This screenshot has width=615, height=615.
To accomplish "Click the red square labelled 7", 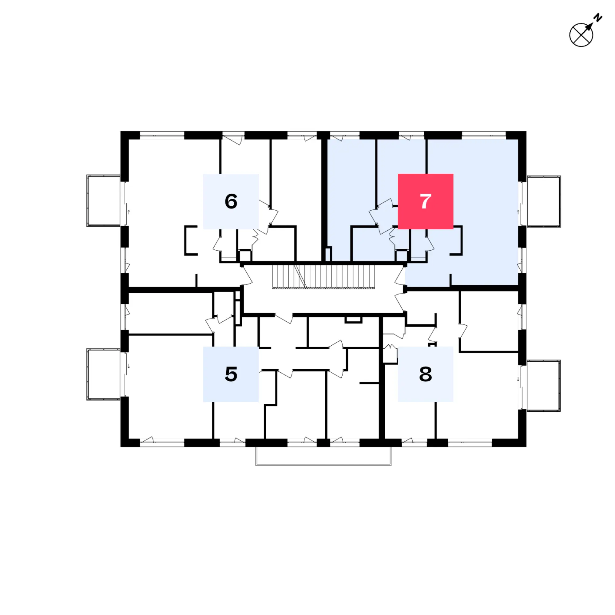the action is pos(425,201).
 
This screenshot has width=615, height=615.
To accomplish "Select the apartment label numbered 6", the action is pos(231,201).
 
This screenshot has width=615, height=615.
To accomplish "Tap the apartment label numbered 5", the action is pos(231,374).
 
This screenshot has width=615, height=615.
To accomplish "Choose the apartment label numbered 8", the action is pos(425,374).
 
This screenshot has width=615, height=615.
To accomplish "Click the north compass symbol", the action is pos(581,35).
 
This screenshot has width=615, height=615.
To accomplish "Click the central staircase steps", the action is pos(323,277).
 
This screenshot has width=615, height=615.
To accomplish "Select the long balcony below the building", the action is pos(323,456).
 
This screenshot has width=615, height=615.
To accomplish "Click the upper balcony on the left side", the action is pos(103,200).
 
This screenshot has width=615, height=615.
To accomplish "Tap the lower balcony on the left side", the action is pos(103,374).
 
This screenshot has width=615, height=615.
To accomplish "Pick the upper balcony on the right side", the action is pos(544,201).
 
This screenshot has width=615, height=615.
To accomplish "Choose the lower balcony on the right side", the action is pos(544,386).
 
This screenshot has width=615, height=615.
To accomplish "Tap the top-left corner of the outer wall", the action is pos(121,132).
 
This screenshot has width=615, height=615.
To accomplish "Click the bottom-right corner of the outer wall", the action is pos(526,446).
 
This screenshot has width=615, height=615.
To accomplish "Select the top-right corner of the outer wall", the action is pos(526,132).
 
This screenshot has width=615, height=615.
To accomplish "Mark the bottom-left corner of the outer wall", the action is pos(121,446).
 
